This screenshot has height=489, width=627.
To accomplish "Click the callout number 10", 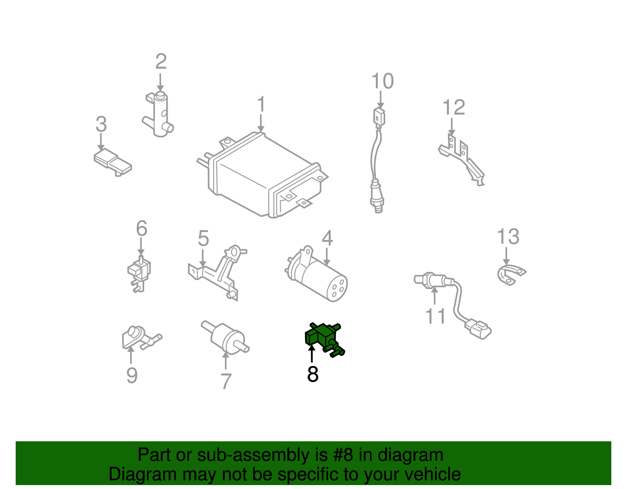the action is [x=382, y=81].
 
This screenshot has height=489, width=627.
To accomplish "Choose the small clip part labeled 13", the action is [x=511, y=274].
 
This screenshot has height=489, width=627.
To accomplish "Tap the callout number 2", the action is [x=161, y=61].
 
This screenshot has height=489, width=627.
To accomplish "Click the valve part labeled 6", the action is [x=139, y=273].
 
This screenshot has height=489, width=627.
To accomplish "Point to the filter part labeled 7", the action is [x=225, y=337].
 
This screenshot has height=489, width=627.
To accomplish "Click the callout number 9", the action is [x=132, y=375].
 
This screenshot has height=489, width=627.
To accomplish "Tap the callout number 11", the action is [x=435, y=316].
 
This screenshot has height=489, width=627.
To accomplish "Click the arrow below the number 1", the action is [x=261, y=124].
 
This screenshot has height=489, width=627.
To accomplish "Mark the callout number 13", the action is [x=508, y=236].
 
